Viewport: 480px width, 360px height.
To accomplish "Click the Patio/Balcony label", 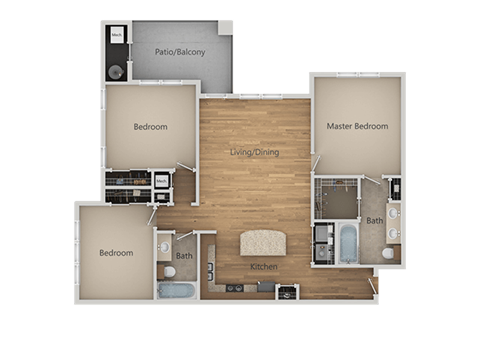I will pos(181,52).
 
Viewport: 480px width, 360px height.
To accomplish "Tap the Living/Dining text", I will pos(255,153).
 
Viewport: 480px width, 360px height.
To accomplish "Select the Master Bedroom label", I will pos(357,126).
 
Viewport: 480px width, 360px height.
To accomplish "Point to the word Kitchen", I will pos(264,267).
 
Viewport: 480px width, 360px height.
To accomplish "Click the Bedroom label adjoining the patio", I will pos(150,127).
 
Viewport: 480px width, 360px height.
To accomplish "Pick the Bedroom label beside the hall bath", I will pos(116,253).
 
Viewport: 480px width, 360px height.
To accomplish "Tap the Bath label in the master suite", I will pos(374,221).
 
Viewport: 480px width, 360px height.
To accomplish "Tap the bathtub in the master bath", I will pos(348,243).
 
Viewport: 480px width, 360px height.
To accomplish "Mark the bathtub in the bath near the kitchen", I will pos(177,292).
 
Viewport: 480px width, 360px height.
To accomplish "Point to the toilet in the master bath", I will pos(388,253).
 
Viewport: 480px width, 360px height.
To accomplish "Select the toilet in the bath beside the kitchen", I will pos(170,271).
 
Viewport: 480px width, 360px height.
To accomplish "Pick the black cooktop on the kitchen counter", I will pos(236,288).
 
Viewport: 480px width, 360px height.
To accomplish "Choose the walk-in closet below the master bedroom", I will pos(337,198).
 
